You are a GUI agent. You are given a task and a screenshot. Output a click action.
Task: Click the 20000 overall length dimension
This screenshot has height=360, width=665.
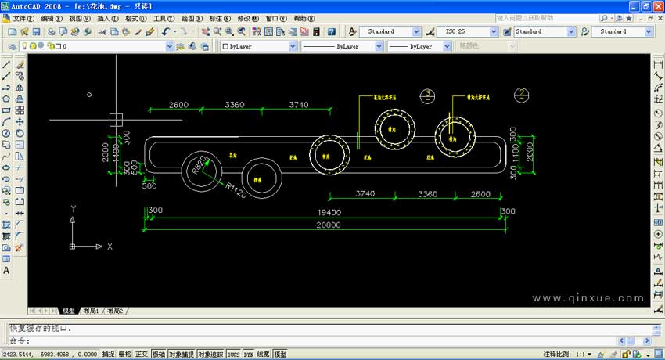click(329, 225)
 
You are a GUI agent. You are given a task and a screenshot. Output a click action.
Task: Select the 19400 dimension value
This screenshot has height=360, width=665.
click(329, 212)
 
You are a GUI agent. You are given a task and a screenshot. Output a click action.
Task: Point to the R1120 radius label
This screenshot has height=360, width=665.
click(235, 190)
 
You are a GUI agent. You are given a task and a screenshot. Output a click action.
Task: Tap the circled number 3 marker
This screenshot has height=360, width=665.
click(427, 95)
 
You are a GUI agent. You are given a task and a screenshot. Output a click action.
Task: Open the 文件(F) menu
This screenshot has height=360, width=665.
click(24, 18)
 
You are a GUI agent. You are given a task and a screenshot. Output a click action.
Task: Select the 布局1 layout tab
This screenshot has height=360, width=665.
click(92, 311)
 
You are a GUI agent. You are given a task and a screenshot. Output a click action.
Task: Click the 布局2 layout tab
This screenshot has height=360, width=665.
click(115, 311)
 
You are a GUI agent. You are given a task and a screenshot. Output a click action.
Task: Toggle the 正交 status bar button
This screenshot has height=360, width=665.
click(142, 355)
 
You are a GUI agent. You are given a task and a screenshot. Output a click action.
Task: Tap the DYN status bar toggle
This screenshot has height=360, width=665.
click(248, 355)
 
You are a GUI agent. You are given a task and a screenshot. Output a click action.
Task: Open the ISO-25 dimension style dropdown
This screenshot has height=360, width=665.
click(470, 31)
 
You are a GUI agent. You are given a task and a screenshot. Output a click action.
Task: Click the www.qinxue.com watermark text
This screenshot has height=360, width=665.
click(587, 297)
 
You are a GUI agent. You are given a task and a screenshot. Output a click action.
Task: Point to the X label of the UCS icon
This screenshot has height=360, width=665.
click(110, 247)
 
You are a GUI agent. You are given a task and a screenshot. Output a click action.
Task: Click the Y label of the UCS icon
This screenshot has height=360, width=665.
click(73, 209)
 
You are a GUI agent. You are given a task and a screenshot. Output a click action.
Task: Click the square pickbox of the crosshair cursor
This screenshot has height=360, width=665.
click(116, 120)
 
